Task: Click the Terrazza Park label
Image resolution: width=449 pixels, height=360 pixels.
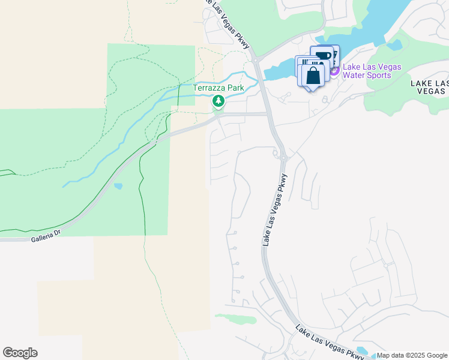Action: (218, 88)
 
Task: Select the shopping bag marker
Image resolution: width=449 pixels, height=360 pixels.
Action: (313, 76)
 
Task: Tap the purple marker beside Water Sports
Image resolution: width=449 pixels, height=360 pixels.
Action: (334, 71)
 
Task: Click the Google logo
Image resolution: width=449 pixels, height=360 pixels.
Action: (20, 353)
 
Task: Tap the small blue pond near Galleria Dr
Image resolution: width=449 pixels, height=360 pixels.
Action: (118, 186)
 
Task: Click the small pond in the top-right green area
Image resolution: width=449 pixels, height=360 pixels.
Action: (394, 45)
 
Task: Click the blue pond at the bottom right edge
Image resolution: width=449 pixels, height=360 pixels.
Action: (363, 350)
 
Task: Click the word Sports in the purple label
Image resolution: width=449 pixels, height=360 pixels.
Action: (378, 75)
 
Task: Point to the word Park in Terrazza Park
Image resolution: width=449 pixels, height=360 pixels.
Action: (235, 88)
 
